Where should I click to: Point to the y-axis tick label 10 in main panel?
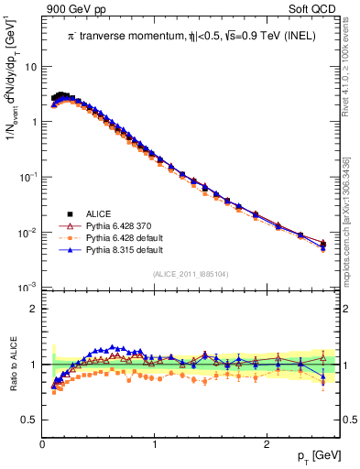coord(30,67)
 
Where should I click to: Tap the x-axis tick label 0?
coord(43,445)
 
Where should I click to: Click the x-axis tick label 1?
coord(155,445)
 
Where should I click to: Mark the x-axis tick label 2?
coord(266,445)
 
